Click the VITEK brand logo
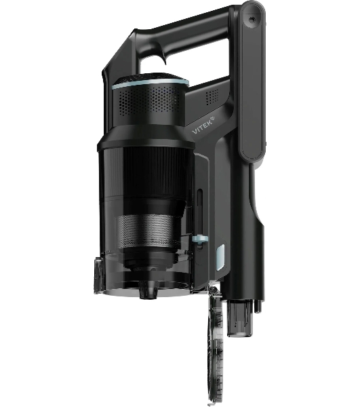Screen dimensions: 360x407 (x=203, y=125)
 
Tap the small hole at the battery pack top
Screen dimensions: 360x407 (x=251, y=19)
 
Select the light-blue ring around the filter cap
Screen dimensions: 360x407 (x=150, y=84)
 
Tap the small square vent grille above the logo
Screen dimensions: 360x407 (x=212, y=97)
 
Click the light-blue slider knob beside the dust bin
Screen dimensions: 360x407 (x=200, y=239)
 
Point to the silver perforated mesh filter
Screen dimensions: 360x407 (x=147, y=231)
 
